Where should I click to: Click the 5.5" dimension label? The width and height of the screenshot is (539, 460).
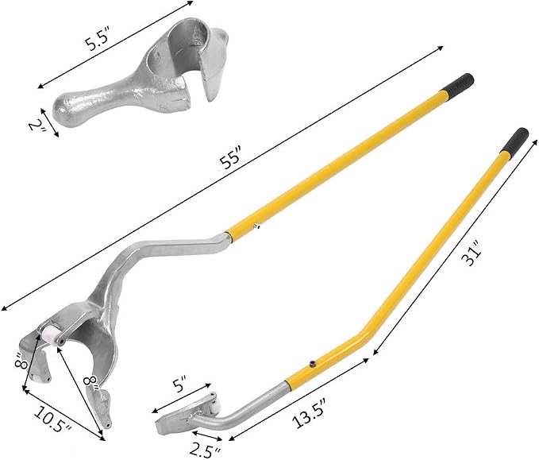[97, 40]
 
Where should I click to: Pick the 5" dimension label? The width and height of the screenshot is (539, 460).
[180, 385]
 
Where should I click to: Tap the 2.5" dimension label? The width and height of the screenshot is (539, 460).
[206, 450]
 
